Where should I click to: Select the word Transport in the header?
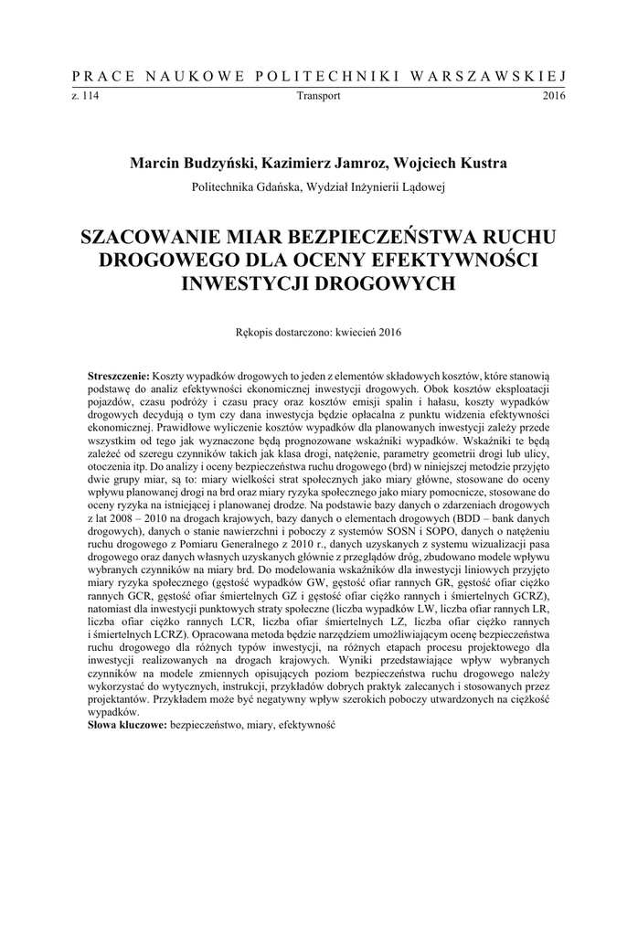(x=318, y=95)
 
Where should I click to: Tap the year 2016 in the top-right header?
(x=554, y=95)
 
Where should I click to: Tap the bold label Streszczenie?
(x=118, y=376)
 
